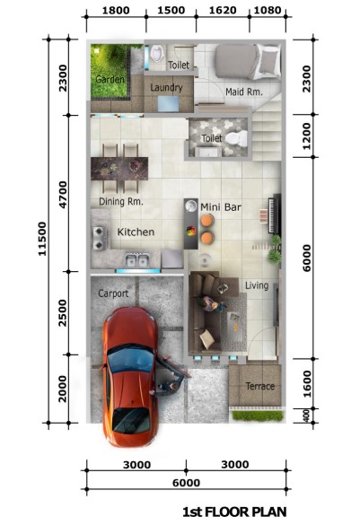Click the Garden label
[x=110, y=79]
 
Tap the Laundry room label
[x=166, y=88]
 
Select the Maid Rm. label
[x=244, y=92]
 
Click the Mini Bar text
[x=221, y=207]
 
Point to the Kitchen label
[x=136, y=232]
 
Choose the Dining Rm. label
[x=121, y=201]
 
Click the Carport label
[x=113, y=293]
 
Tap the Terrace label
[x=260, y=386]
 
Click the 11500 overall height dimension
[x=42, y=239]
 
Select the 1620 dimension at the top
[x=223, y=10]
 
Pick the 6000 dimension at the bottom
[x=186, y=483]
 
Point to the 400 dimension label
[x=306, y=416]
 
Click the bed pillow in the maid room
[x=270, y=60]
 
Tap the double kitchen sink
[x=137, y=260]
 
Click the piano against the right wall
[x=274, y=214]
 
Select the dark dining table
[x=119, y=169]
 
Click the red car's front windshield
[x=131, y=360]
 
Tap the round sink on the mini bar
[x=191, y=206]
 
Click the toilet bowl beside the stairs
[x=236, y=138]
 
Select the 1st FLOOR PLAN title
[x=234, y=512]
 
